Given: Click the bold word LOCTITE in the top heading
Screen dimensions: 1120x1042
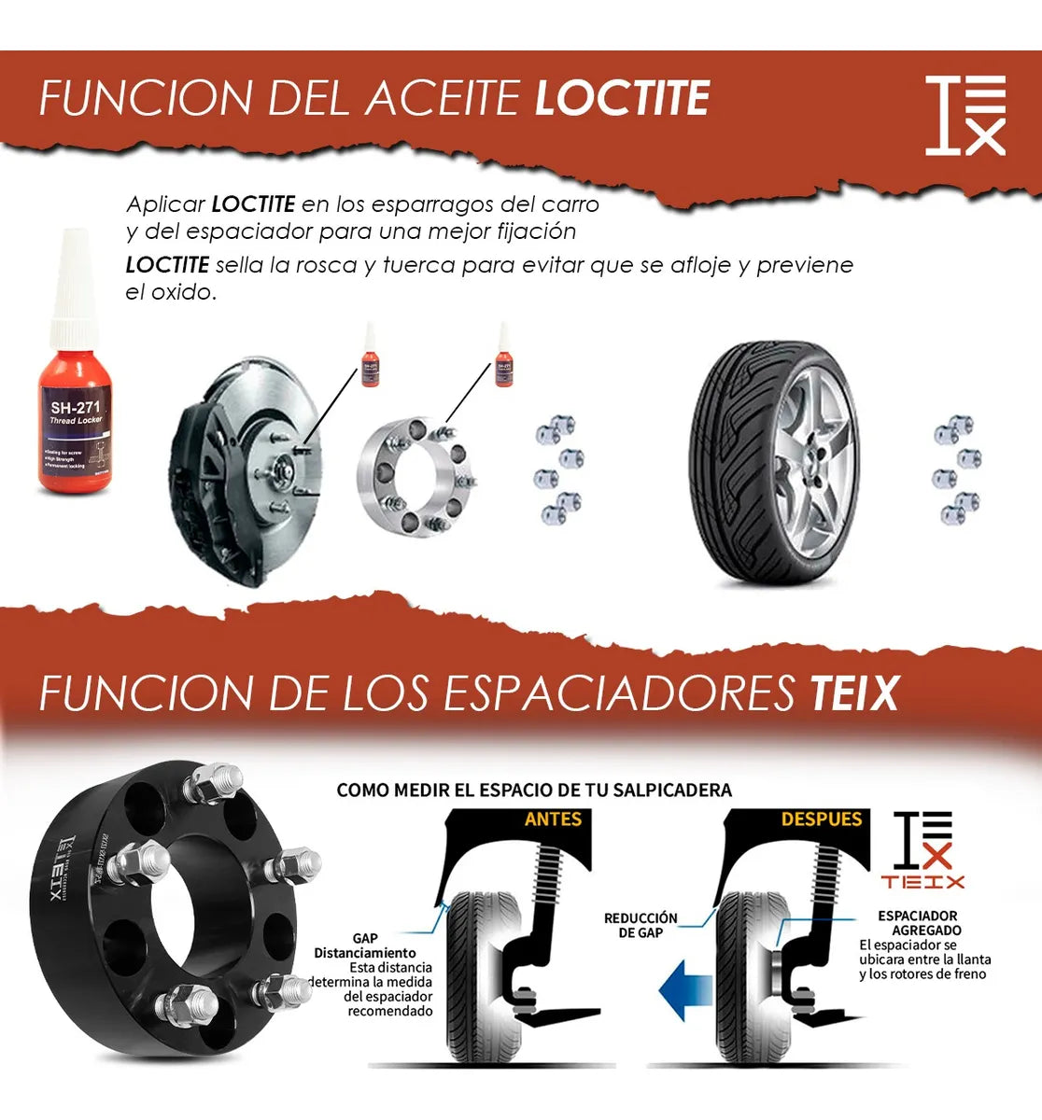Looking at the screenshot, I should [622, 99].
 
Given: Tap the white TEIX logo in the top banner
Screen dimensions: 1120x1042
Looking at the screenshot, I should [965, 115].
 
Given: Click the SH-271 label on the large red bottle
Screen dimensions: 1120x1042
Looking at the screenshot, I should [75, 407].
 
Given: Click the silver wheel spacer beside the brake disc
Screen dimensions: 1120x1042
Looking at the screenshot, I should [417, 477].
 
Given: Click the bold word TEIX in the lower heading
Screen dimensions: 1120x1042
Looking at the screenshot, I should [853, 693].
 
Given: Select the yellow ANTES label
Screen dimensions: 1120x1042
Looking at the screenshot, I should [553, 819].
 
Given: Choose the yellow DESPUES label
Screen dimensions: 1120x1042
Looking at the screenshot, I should [821, 819].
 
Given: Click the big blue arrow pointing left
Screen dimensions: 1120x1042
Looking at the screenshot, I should [686, 991].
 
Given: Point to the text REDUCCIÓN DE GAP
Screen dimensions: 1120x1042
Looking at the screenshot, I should [641, 926].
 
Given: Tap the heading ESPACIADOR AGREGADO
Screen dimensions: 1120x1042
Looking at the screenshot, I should [919, 923].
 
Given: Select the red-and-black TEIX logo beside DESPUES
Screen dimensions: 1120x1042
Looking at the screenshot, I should [922, 849].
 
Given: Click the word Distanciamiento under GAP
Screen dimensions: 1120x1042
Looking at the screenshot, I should [365, 953].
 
